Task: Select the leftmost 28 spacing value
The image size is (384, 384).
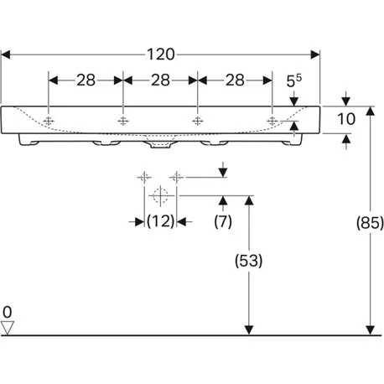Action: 86,80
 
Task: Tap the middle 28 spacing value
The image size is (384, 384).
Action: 159,80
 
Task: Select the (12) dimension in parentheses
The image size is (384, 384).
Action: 159,221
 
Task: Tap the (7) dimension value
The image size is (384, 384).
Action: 222,221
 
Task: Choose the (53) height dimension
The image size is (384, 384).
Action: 246,261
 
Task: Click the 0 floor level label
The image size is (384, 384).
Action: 8,311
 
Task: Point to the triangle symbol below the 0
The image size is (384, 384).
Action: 8,327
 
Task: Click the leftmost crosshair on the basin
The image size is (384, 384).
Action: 49,121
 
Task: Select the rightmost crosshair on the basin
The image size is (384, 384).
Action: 272,121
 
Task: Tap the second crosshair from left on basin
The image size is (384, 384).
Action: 123,121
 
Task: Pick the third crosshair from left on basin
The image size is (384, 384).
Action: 197,121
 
